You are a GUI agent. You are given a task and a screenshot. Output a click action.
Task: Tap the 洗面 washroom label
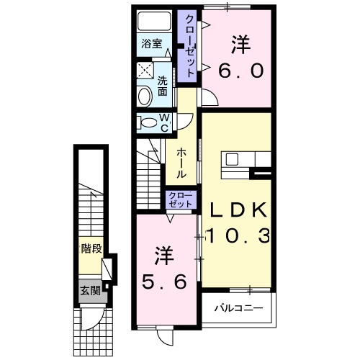click(163, 86)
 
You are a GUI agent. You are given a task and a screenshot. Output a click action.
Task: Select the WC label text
click(164, 122)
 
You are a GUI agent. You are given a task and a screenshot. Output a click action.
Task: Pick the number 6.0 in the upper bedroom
click(241, 71)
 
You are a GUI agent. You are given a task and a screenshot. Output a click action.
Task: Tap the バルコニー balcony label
click(237, 310)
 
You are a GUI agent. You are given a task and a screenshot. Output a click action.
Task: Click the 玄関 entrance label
click(90, 291)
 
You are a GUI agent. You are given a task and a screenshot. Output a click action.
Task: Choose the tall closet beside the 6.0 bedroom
click(189, 47)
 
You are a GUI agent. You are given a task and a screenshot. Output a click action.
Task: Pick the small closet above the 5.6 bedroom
click(180, 199)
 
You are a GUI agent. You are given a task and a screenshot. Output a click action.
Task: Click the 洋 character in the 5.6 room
click(165, 255)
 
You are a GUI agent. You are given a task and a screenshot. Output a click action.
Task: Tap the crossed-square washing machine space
click(144, 71)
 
